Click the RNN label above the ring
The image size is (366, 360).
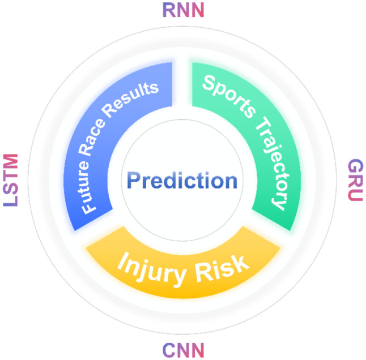click(183, 10)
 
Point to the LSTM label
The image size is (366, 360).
click(11, 180)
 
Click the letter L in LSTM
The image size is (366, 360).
click(11, 201)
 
